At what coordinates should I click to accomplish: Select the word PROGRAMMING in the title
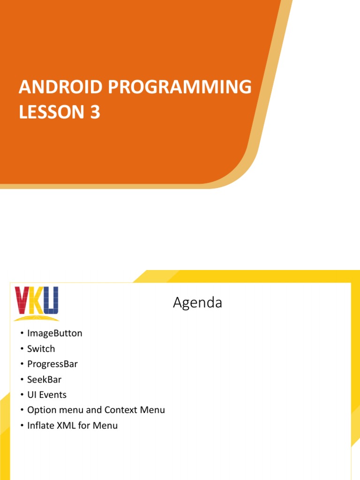[x=176, y=87]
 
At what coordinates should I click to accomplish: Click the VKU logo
[x=37, y=302]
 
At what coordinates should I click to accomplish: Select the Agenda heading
[x=197, y=303]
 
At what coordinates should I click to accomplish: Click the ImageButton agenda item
[x=55, y=333]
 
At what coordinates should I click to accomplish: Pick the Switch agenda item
[x=41, y=349]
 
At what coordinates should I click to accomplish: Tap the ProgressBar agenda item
[x=52, y=364]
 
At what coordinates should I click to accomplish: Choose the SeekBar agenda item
[x=45, y=379]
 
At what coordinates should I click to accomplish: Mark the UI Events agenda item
[x=47, y=395]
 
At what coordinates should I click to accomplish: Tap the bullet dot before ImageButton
[x=21, y=334]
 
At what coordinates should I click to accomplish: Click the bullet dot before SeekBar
[x=21, y=380]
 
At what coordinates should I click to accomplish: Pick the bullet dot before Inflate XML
[x=21, y=426]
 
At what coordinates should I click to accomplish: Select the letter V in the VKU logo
[x=22, y=300]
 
